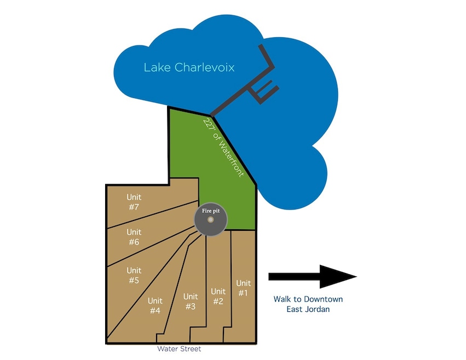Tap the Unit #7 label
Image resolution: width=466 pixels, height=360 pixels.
pyautogui.click(x=134, y=202)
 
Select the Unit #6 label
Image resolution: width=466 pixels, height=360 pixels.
pyautogui.click(x=134, y=237)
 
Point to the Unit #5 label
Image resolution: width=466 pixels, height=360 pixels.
pyautogui.click(x=134, y=275)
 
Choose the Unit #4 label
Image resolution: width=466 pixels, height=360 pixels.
pyautogui.click(x=155, y=306)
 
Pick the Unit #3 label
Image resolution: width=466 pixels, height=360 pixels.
pyautogui.click(x=191, y=301)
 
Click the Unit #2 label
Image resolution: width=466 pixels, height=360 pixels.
pyautogui.click(x=218, y=296)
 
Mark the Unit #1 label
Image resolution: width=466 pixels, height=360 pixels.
pyautogui.click(x=243, y=288)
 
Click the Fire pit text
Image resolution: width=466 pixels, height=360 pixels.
pyautogui.click(x=211, y=209)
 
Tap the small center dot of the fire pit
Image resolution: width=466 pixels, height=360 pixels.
pyautogui.click(x=211, y=220)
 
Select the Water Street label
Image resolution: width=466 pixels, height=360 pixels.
pyautogui.click(x=179, y=349)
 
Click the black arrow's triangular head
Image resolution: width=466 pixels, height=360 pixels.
pyautogui.click(x=337, y=276)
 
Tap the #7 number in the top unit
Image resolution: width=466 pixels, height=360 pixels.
pyautogui.click(x=134, y=207)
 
